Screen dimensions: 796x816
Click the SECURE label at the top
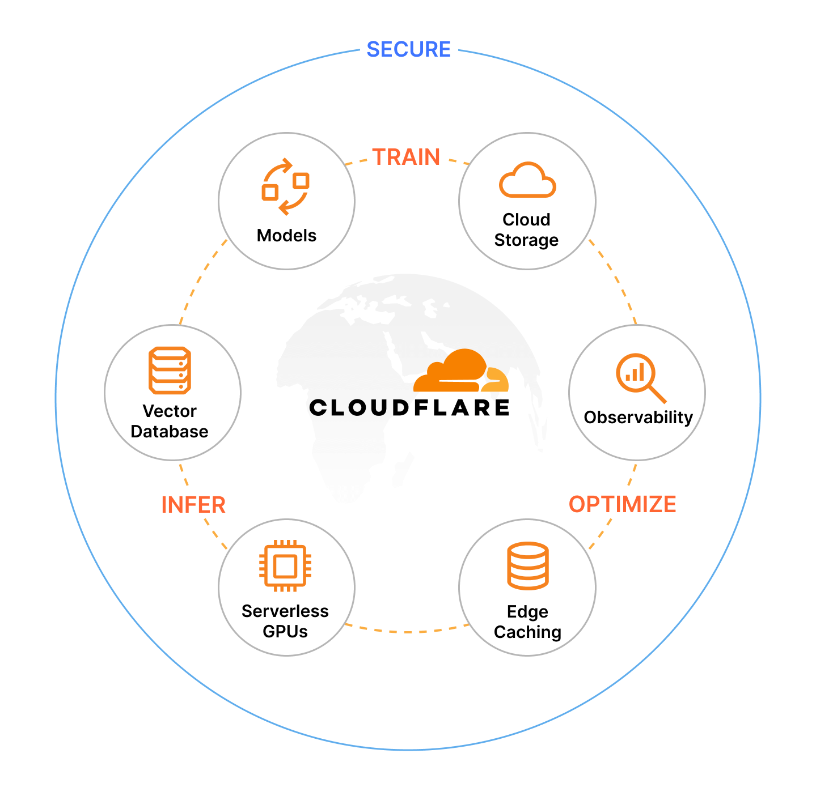tap(408, 50)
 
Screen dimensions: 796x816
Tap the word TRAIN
tap(406, 158)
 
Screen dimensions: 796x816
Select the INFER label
tap(193, 505)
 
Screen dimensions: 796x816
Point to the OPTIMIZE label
tap(622, 504)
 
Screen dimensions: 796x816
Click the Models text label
tap(286, 235)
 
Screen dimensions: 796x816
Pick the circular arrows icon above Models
tap(285, 187)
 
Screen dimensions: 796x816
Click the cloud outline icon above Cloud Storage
tap(527, 181)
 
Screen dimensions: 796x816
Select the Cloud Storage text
tap(526, 230)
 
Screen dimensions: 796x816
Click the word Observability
tap(638, 418)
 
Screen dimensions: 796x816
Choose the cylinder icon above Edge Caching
tap(527, 566)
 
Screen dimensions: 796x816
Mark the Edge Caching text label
tap(527, 622)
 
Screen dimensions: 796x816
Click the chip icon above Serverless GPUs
tap(285, 565)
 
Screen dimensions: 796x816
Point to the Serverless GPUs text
tap(285, 622)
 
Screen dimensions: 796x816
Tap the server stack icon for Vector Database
tap(170, 371)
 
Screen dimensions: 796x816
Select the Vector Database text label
tap(170, 422)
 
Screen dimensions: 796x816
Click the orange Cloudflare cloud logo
tap(460, 372)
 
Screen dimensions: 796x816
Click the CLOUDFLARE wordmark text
tap(409, 408)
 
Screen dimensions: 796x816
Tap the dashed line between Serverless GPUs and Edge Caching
tap(407, 631)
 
